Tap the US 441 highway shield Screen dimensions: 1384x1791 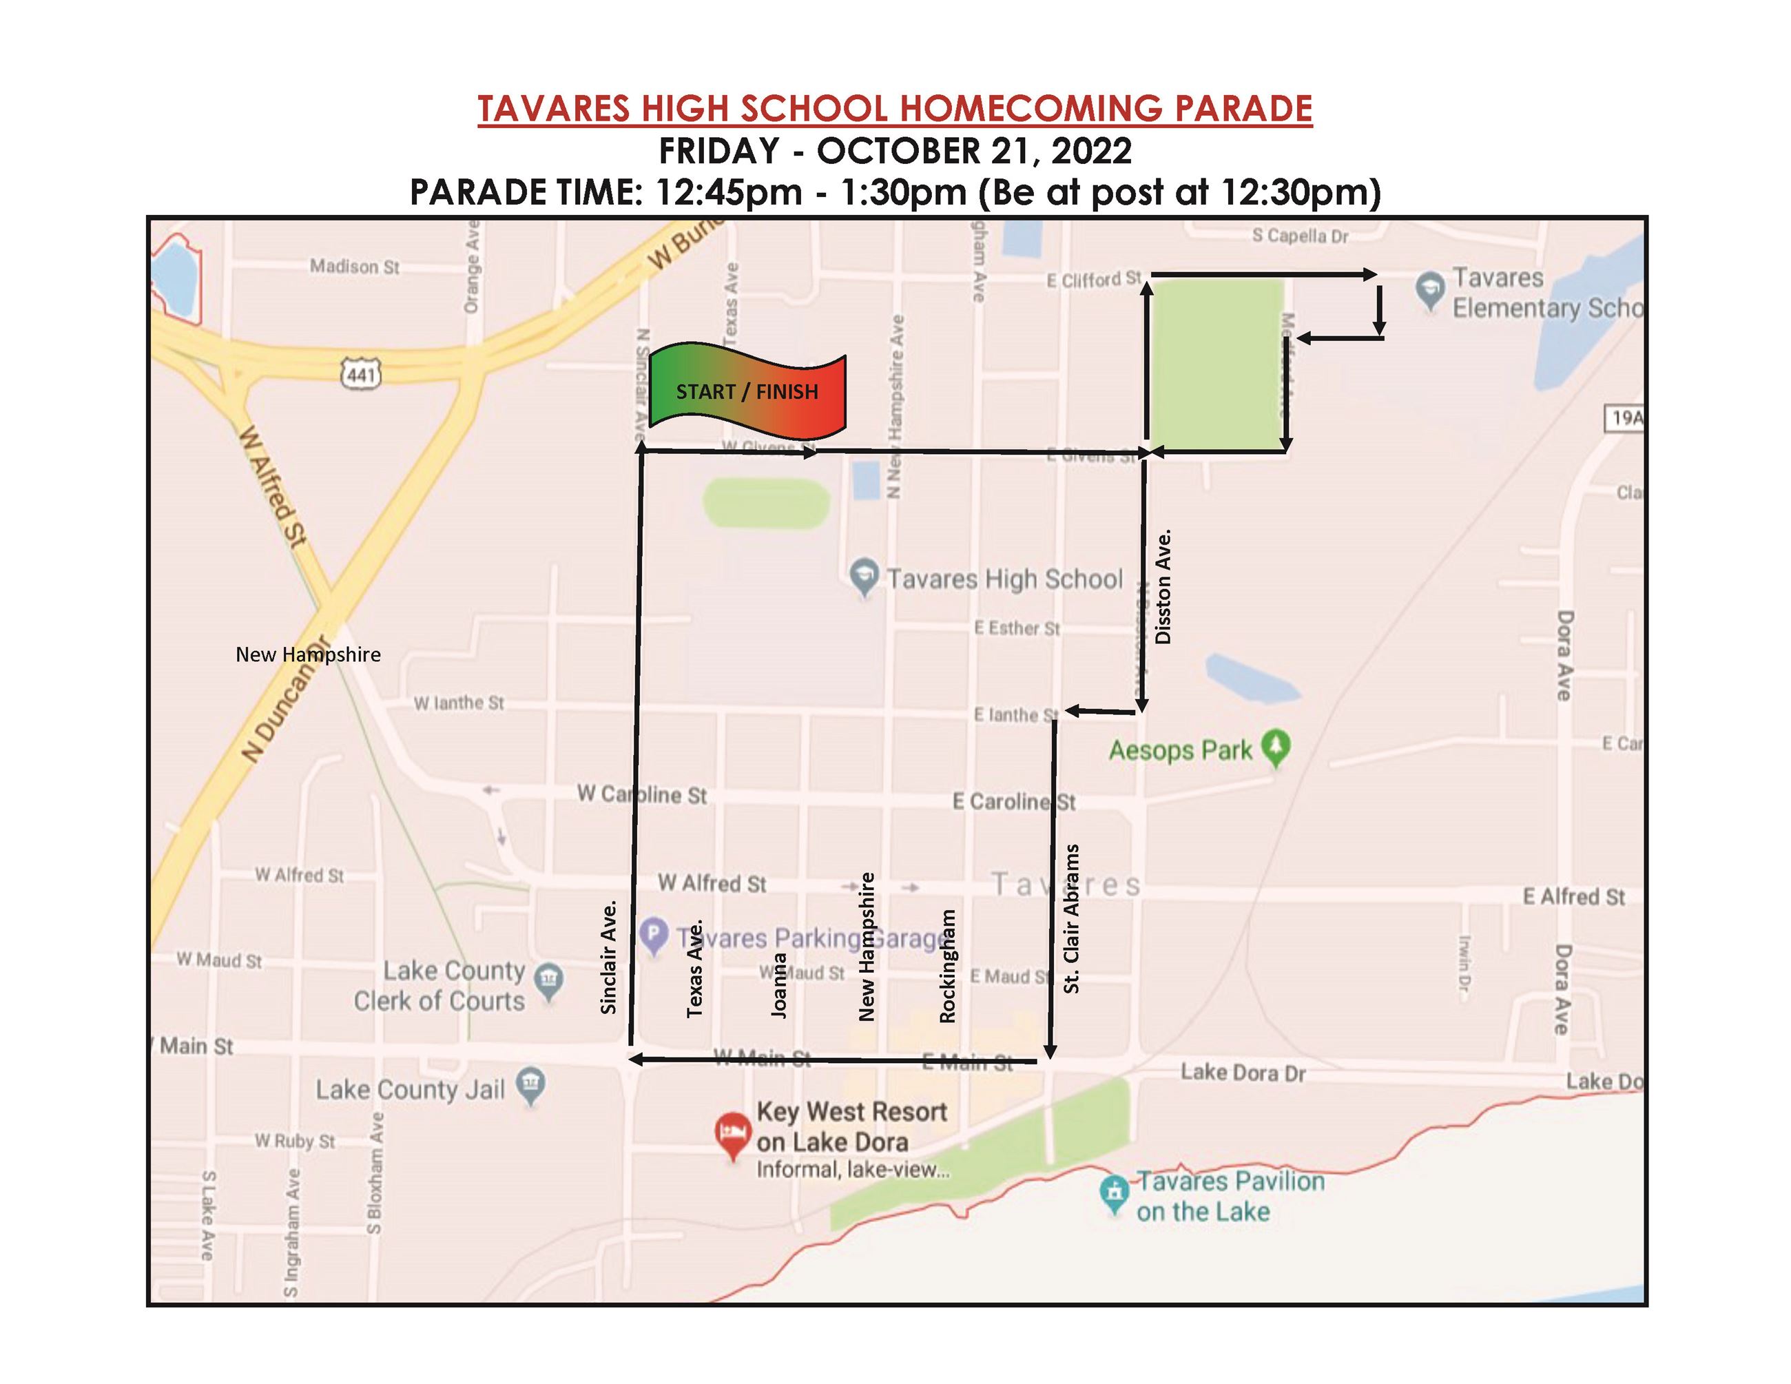361,375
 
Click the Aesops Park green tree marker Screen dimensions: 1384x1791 1276,747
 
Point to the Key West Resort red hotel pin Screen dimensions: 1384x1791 732,1135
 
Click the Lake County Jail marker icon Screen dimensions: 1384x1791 530,1086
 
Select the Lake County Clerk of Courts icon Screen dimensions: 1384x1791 548,980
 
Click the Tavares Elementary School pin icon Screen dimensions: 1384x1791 1430,289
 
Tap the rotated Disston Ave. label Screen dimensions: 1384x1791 1163,586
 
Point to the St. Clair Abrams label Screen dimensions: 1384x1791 1071,919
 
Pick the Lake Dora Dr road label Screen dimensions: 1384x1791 1243,1072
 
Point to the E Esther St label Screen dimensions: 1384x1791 1017,628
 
